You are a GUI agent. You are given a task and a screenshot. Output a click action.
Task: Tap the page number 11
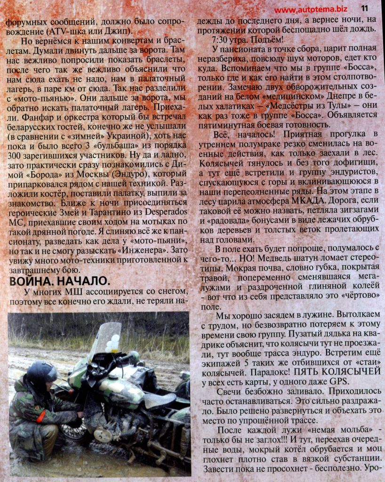click(x=365, y=8)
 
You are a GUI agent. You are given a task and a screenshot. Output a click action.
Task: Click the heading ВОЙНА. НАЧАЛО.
click(x=59, y=281)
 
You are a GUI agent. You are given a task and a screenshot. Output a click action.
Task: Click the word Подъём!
click(x=264, y=39)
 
